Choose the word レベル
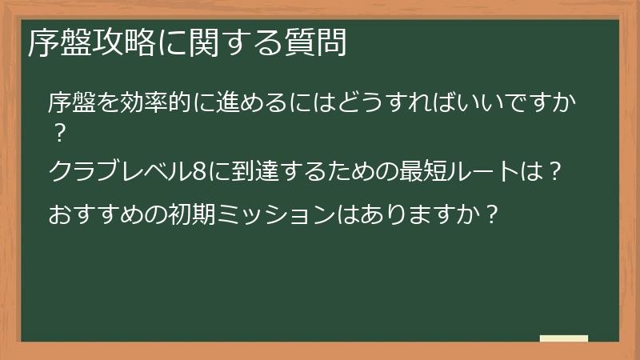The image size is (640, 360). (x=157, y=172)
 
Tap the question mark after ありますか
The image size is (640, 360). (x=492, y=214)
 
